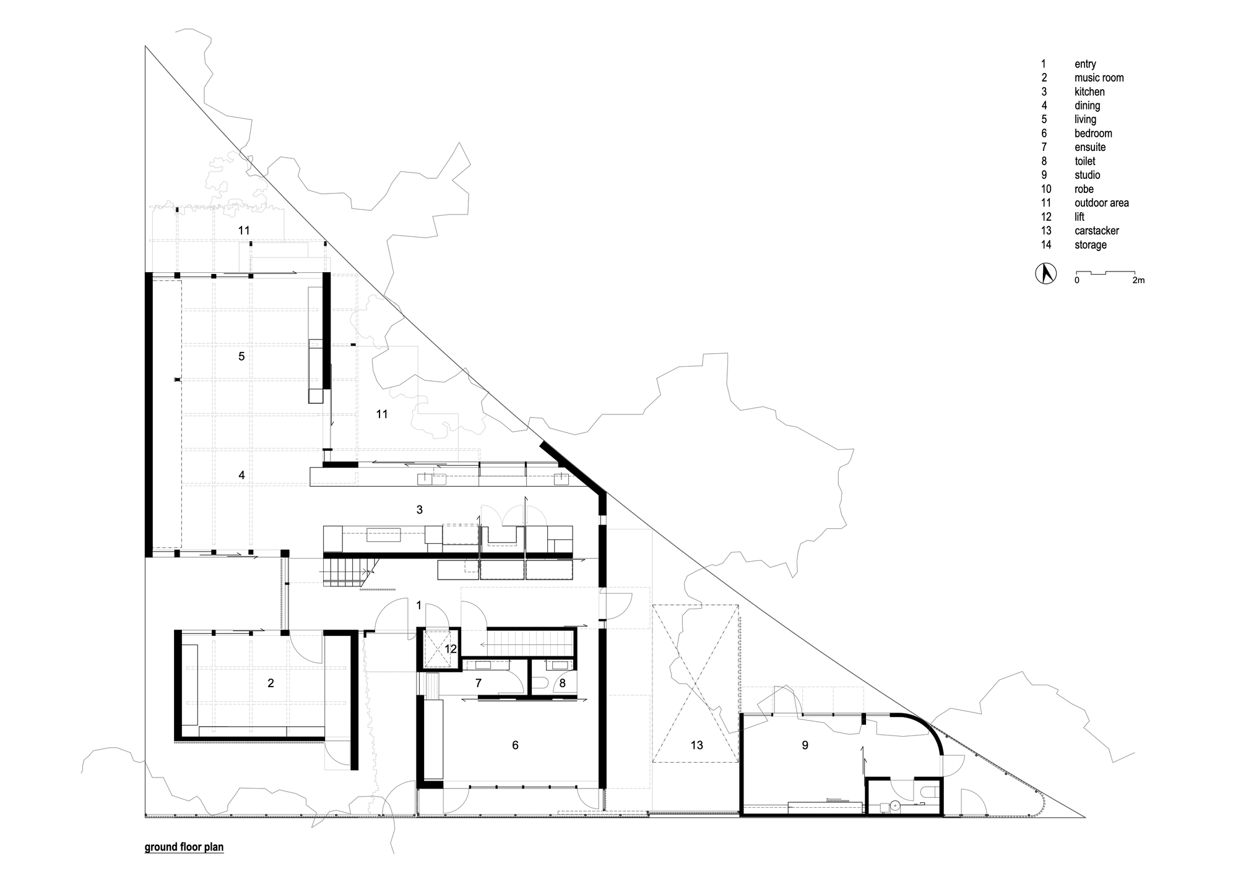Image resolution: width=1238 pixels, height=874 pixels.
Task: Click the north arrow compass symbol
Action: (1046, 274)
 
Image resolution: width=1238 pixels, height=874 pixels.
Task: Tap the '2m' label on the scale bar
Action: (1138, 281)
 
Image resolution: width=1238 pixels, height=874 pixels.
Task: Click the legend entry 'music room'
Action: (1099, 78)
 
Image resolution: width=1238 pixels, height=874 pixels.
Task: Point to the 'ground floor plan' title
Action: (184, 847)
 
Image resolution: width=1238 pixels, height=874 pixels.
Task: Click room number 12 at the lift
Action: (451, 649)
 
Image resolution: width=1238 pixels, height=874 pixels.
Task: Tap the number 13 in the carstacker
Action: (697, 745)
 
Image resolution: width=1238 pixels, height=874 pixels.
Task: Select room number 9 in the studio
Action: (805, 745)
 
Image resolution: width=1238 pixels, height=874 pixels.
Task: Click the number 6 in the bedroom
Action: (515, 745)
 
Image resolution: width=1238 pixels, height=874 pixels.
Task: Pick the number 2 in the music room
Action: (271, 683)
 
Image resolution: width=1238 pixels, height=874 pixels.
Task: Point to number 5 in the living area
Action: (242, 356)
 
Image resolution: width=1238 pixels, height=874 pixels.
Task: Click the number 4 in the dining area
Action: (242, 475)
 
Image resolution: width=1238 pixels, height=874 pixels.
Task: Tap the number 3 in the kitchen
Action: (420, 510)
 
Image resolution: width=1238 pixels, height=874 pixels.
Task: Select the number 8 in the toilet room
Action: (562, 683)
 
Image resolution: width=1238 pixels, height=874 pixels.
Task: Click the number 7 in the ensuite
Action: (478, 683)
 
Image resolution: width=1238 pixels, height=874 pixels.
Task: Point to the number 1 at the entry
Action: (419, 605)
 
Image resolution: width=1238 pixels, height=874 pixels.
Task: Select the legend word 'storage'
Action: (1091, 245)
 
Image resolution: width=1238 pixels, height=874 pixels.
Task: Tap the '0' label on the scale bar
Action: (1077, 281)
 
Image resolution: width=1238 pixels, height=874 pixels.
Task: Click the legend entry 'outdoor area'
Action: (1102, 203)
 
